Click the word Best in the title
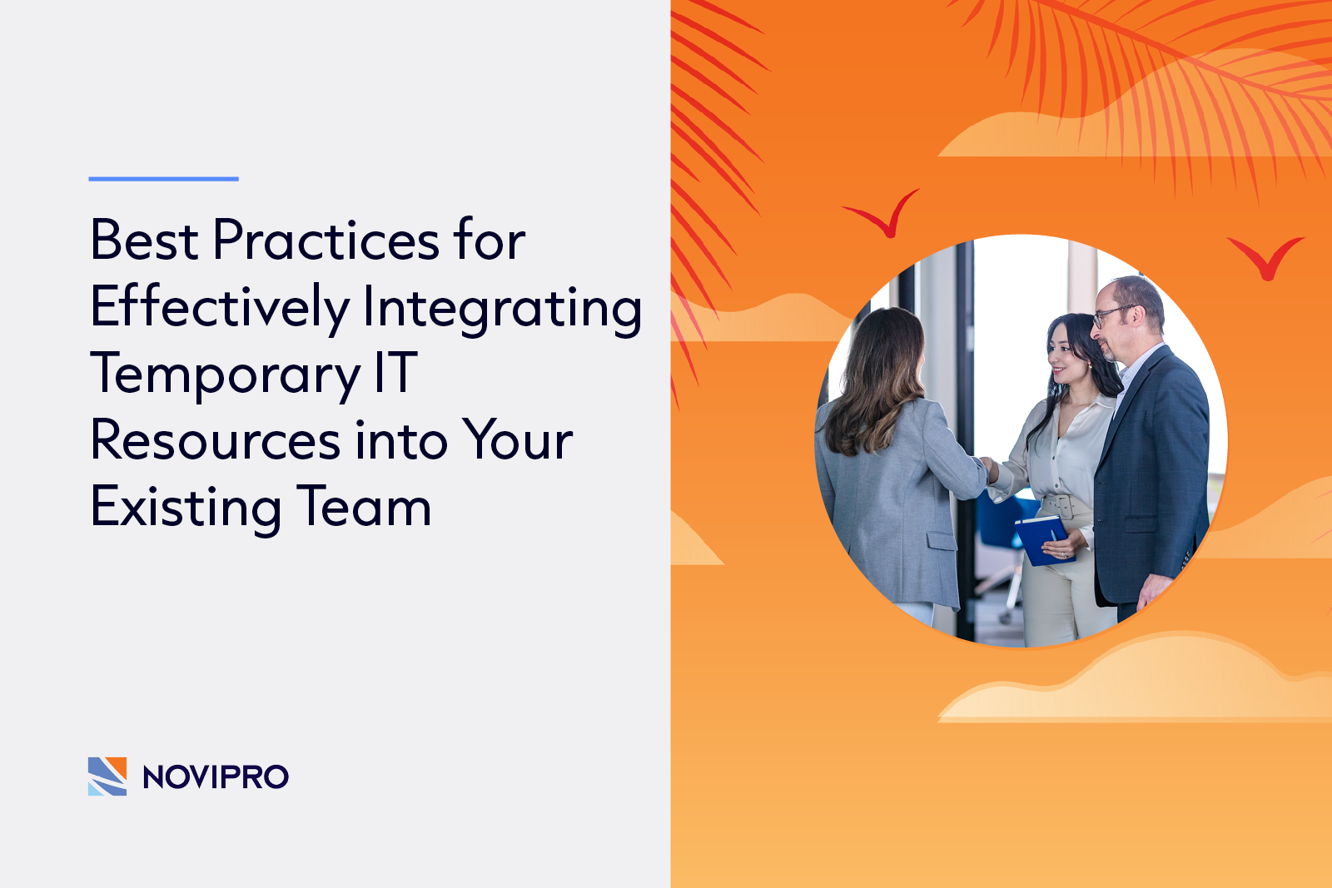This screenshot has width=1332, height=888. pos(144,241)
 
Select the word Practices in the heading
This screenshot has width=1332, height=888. pos(326,241)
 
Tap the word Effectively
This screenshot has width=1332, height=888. pos(220,308)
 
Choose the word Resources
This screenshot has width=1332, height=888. pos(216,440)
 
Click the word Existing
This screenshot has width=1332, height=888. pos(186,508)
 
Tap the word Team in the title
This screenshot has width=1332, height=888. pos(365,507)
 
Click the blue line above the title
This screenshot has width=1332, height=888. pos(163,178)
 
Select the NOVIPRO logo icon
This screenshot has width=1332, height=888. pos(107,776)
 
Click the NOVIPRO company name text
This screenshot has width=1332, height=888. pos(216,777)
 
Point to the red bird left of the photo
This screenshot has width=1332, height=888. pos(884,215)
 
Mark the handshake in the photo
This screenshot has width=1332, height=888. pos(987,469)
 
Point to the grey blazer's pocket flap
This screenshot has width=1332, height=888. pos(942,541)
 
